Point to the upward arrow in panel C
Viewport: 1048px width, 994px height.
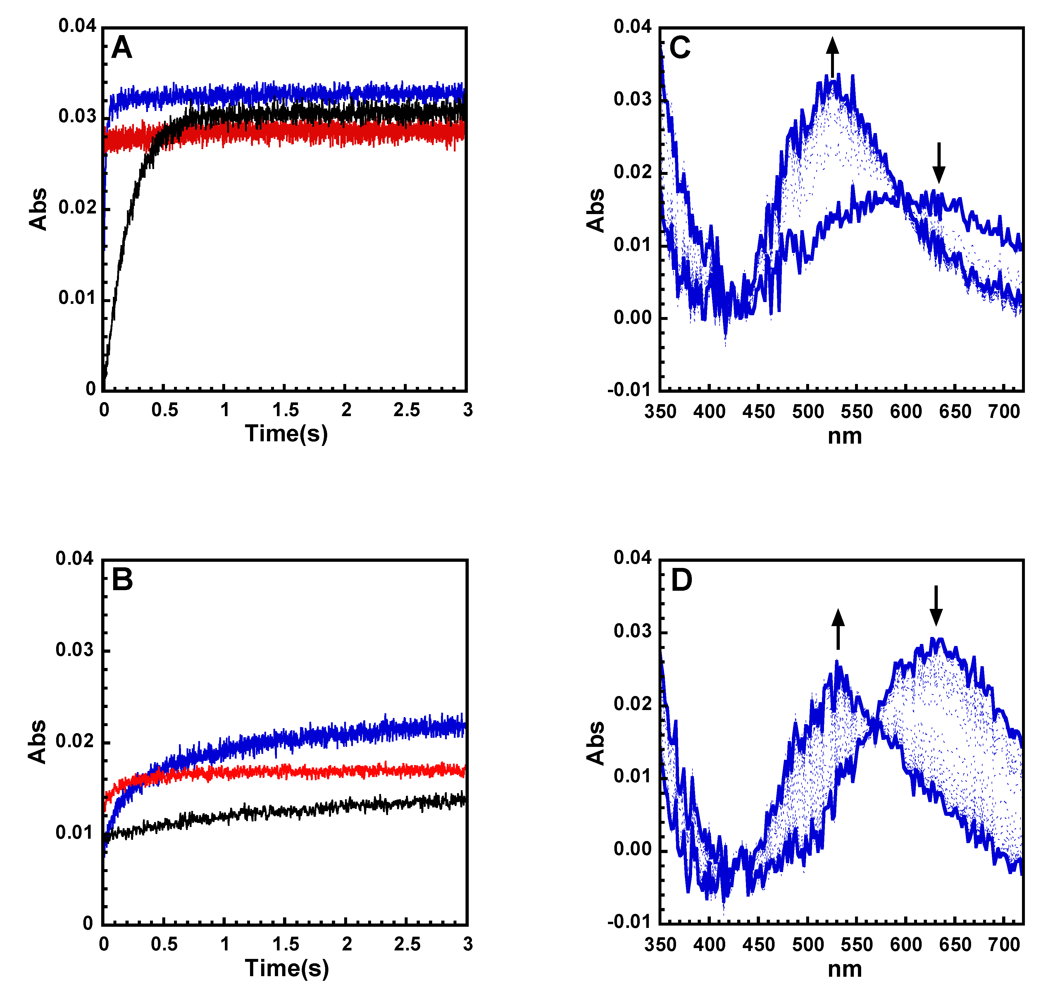click(832, 57)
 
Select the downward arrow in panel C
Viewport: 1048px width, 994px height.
click(939, 162)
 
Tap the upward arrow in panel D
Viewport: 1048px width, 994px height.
click(838, 629)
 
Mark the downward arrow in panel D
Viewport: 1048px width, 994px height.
click(936, 605)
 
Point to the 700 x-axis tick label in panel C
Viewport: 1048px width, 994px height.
click(1004, 411)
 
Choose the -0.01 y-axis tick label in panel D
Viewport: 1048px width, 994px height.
click(630, 922)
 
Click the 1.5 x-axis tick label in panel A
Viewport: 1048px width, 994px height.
click(286, 410)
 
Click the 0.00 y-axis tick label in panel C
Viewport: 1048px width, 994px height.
click(632, 317)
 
